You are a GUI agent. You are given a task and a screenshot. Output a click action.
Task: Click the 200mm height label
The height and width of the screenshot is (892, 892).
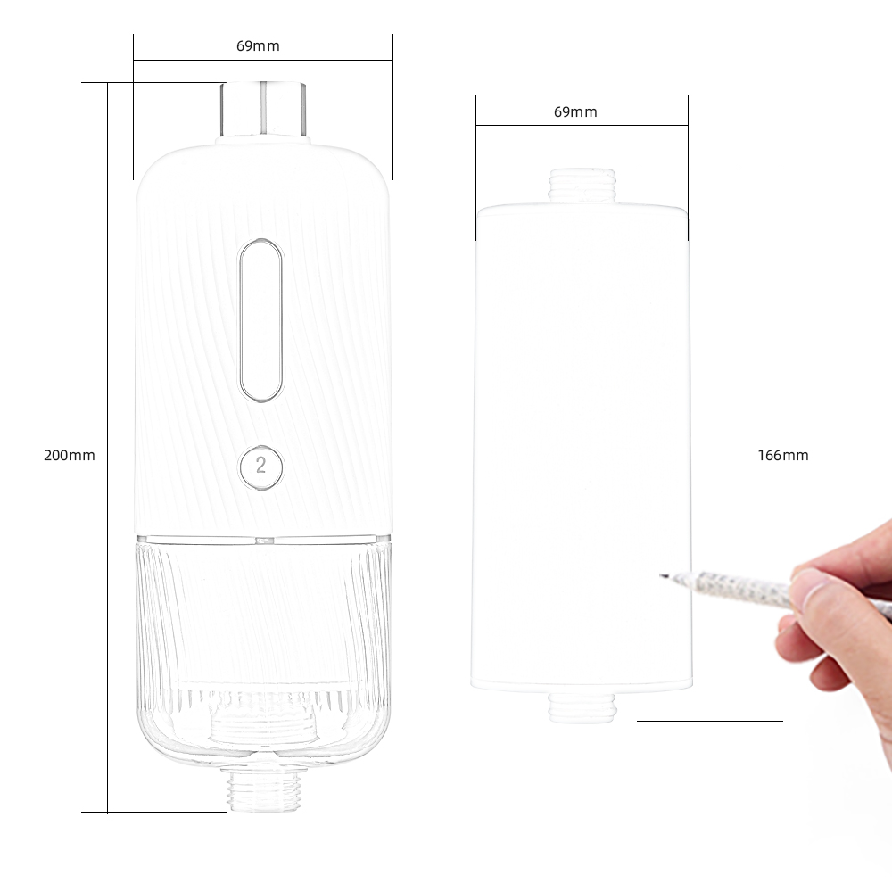70,455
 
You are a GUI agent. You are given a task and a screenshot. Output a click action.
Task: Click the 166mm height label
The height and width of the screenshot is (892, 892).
783,455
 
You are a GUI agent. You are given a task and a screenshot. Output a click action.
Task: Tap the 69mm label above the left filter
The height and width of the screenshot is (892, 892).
258,46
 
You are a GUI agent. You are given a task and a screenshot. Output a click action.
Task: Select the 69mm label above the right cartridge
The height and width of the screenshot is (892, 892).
575,112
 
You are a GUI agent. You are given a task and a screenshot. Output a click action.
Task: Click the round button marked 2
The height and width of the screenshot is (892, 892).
260,466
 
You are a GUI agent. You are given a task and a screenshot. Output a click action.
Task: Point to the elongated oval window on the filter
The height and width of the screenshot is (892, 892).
260,320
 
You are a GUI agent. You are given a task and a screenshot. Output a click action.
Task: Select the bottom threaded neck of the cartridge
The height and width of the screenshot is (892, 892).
582,707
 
